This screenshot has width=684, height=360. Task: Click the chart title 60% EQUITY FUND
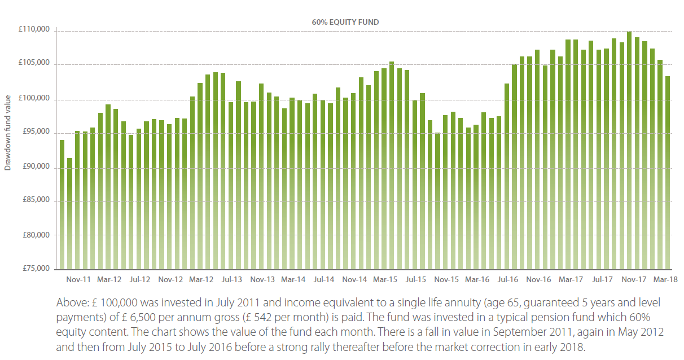pos(345,23)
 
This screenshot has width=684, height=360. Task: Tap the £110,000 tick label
pos(36,30)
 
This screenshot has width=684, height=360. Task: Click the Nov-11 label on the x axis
pos(78,279)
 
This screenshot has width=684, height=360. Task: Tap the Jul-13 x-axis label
pos(231,279)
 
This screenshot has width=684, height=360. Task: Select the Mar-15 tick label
pos(385,279)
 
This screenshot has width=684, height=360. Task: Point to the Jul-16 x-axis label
pos(507,279)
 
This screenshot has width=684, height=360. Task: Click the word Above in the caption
pos(69,302)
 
